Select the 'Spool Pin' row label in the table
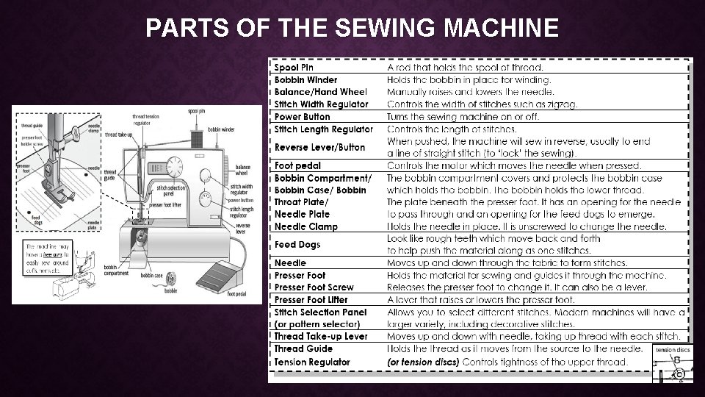(294, 68)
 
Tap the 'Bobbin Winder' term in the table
(306, 80)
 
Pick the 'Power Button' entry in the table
(303, 116)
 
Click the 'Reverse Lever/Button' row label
(319, 147)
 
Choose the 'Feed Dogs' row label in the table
(297, 245)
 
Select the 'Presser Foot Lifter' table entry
(311, 300)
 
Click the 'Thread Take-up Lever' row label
(321, 337)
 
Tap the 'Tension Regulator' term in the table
(312, 362)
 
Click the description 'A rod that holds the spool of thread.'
(466, 68)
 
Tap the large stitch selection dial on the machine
(175, 165)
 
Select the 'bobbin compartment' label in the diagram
(115, 270)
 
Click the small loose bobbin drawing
(172, 278)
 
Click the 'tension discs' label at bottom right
(673, 350)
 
